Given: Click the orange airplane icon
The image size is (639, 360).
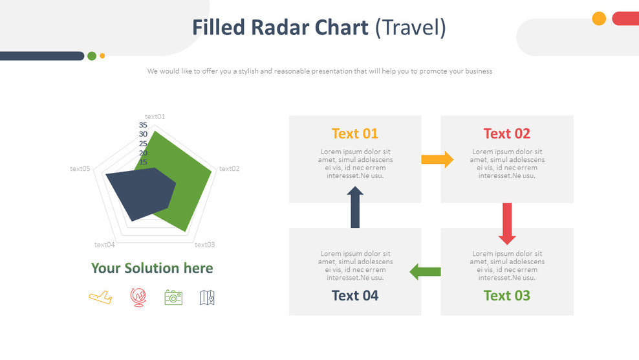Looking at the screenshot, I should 100,297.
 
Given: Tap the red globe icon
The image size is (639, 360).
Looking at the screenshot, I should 137,297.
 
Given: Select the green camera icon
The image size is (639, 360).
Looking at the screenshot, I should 173,297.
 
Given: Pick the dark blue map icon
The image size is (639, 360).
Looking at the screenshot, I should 207,297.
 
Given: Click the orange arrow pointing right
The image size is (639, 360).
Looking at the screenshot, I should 437,159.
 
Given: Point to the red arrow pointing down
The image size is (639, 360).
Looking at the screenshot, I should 507,223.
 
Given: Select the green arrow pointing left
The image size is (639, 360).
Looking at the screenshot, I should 425,272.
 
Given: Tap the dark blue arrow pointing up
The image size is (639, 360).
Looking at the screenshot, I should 355,208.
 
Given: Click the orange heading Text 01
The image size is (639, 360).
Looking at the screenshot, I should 354,134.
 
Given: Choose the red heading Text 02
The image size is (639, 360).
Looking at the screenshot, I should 506,134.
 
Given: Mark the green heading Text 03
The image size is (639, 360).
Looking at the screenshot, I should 506,296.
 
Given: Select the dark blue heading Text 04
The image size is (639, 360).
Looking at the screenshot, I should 354,296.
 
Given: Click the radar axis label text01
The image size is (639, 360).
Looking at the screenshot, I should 155,117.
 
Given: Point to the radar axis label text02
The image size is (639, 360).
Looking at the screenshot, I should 229,169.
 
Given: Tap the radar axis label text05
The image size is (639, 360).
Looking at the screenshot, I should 80,169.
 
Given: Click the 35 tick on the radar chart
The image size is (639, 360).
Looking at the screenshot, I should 143,125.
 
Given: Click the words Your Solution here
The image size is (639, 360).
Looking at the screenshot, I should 152,268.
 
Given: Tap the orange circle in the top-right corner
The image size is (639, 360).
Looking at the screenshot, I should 599,19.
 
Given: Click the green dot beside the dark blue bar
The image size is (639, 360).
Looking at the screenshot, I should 92,56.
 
